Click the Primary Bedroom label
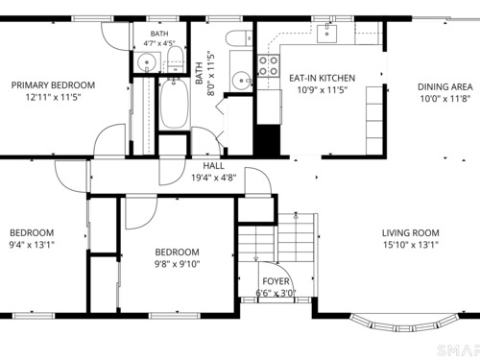53,85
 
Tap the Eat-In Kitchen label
322,78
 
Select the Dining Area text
445,86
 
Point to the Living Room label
411,232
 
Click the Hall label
214,166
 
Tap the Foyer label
276,281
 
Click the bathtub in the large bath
174,103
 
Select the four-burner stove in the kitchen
269,66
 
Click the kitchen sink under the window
326,34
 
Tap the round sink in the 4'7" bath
147,61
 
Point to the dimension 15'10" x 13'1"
411,245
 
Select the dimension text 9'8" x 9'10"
178,264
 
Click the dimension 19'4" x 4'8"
214,178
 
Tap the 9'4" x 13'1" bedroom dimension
32,245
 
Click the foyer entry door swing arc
285,272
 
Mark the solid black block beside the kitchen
267,140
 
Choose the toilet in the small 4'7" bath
176,58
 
